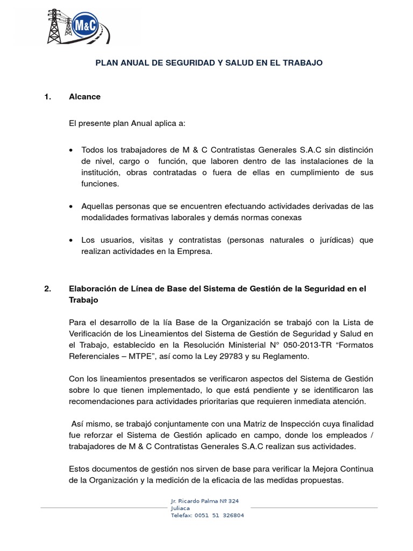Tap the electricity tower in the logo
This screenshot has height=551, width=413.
(55, 26)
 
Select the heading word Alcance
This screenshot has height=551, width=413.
(84, 97)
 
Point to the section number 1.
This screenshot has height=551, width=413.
(48, 97)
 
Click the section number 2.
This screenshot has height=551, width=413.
(48, 289)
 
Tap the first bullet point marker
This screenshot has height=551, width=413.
(72, 150)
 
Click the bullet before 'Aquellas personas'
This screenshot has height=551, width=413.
(72, 207)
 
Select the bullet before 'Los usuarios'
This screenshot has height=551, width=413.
(72, 240)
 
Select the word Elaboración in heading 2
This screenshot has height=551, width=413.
(93, 289)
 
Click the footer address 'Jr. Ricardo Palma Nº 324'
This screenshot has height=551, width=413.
(204, 501)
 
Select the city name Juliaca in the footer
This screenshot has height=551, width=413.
(180, 508)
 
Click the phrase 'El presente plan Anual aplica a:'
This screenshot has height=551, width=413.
(127, 123)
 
